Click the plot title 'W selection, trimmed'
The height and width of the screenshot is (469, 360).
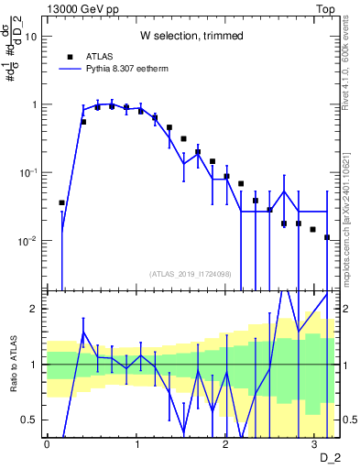click(x=191, y=36)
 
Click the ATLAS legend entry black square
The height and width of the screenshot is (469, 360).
click(x=70, y=56)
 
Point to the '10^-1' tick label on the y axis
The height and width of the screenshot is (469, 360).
click(x=29, y=172)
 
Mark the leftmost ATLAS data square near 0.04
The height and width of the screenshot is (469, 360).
click(x=61, y=202)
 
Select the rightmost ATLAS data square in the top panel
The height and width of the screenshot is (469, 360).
click(x=327, y=237)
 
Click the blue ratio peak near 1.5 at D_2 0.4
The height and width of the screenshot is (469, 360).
click(x=83, y=333)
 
